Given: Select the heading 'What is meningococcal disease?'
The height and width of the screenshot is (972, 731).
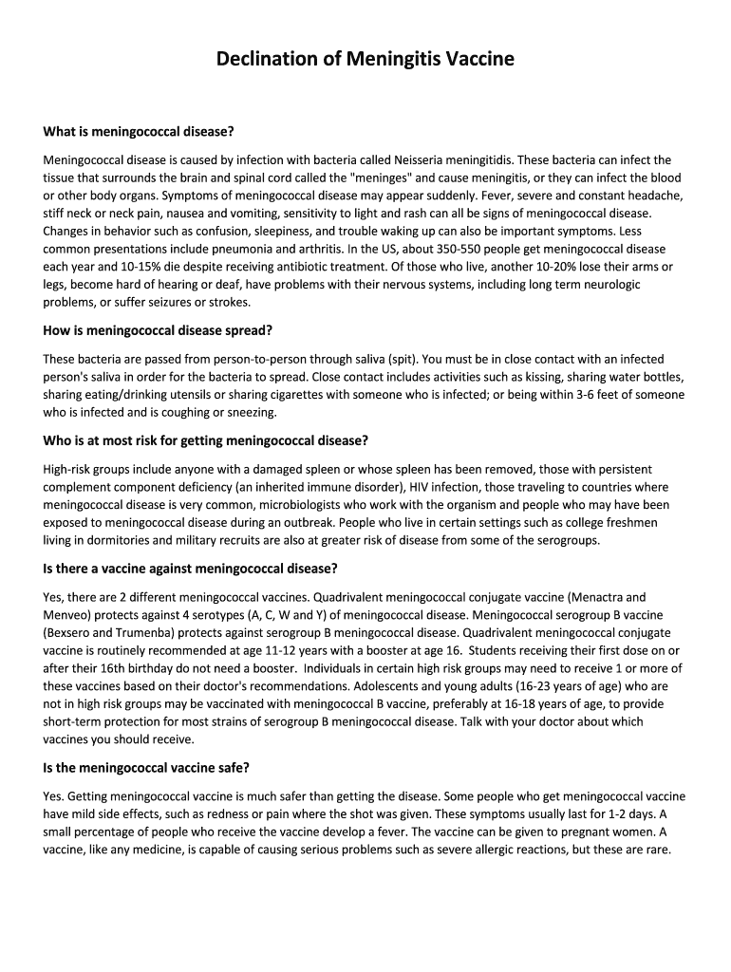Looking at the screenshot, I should pos(139,130).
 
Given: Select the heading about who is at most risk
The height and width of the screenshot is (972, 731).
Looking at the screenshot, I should pos(205,440).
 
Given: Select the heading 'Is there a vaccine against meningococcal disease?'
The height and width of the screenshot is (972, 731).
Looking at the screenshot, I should pos(191,569).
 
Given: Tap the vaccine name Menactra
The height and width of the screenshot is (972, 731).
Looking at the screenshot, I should pos(593,596).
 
